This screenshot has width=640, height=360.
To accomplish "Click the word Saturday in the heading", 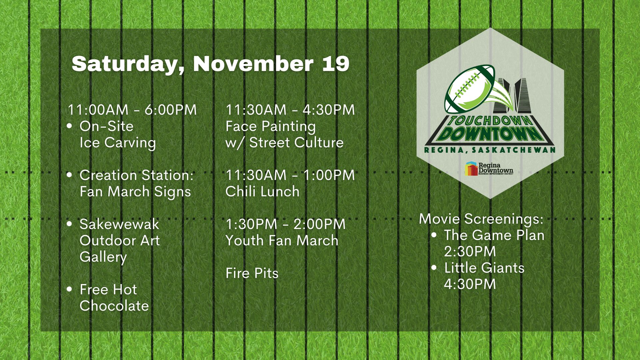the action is coord(128,64).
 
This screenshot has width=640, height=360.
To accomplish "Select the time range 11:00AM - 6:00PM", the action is coord(132,110).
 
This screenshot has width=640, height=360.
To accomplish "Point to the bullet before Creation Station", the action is coord(69,175).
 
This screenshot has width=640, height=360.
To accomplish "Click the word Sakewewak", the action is coord(119,224).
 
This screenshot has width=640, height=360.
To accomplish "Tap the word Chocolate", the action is coord(114,306).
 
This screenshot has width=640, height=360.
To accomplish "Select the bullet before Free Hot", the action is coord(69,289).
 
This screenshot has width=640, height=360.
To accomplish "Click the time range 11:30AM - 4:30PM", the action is coord(290,110).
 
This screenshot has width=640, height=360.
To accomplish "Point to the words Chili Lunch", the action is coord(262,192).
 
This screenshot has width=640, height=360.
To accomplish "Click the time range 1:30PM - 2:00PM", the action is coord(286,224).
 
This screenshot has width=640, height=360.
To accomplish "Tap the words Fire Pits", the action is coord(252,273).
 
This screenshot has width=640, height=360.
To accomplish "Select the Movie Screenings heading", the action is coord(481,219).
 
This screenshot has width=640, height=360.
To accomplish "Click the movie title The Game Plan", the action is coord(494,235).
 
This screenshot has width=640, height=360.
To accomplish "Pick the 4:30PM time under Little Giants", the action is coord(470,284).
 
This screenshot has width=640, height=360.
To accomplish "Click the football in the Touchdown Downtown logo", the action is coord(470,89).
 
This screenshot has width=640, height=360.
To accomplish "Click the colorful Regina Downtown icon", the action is coord(471,169).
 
